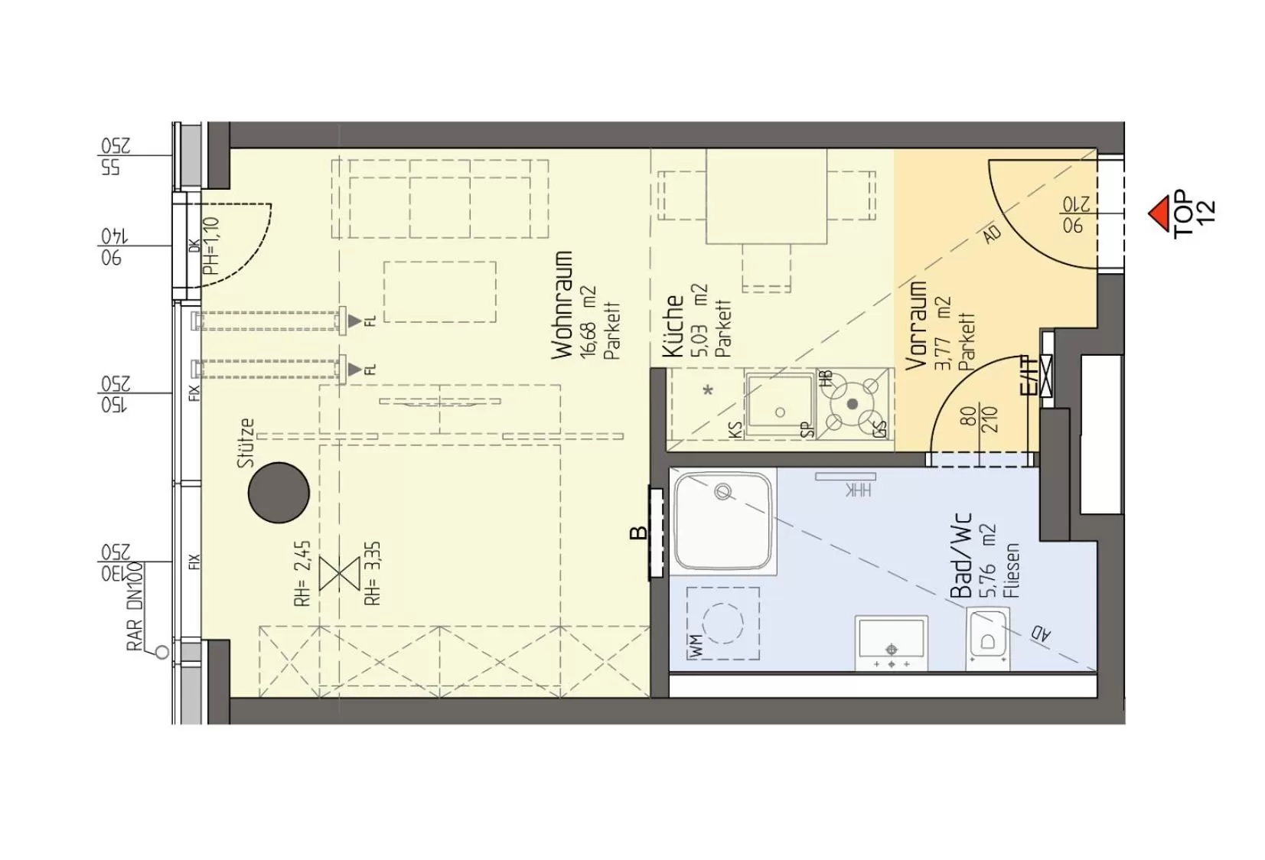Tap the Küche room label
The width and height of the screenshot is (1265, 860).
[x=673, y=326]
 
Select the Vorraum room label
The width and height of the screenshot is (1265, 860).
[x=916, y=325]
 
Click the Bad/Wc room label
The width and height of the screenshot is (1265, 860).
[x=960, y=555]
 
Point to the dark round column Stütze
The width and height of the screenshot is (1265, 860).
[x=279, y=493]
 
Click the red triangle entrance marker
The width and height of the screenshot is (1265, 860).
[x=1160, y=211]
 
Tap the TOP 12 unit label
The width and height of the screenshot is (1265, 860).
[x=1194, y=213]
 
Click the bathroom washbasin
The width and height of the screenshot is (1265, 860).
[x=891, y=642]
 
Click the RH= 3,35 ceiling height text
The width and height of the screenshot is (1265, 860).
[x=373, y=574]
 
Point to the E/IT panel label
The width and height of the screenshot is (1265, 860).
[x=1031, y=376]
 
